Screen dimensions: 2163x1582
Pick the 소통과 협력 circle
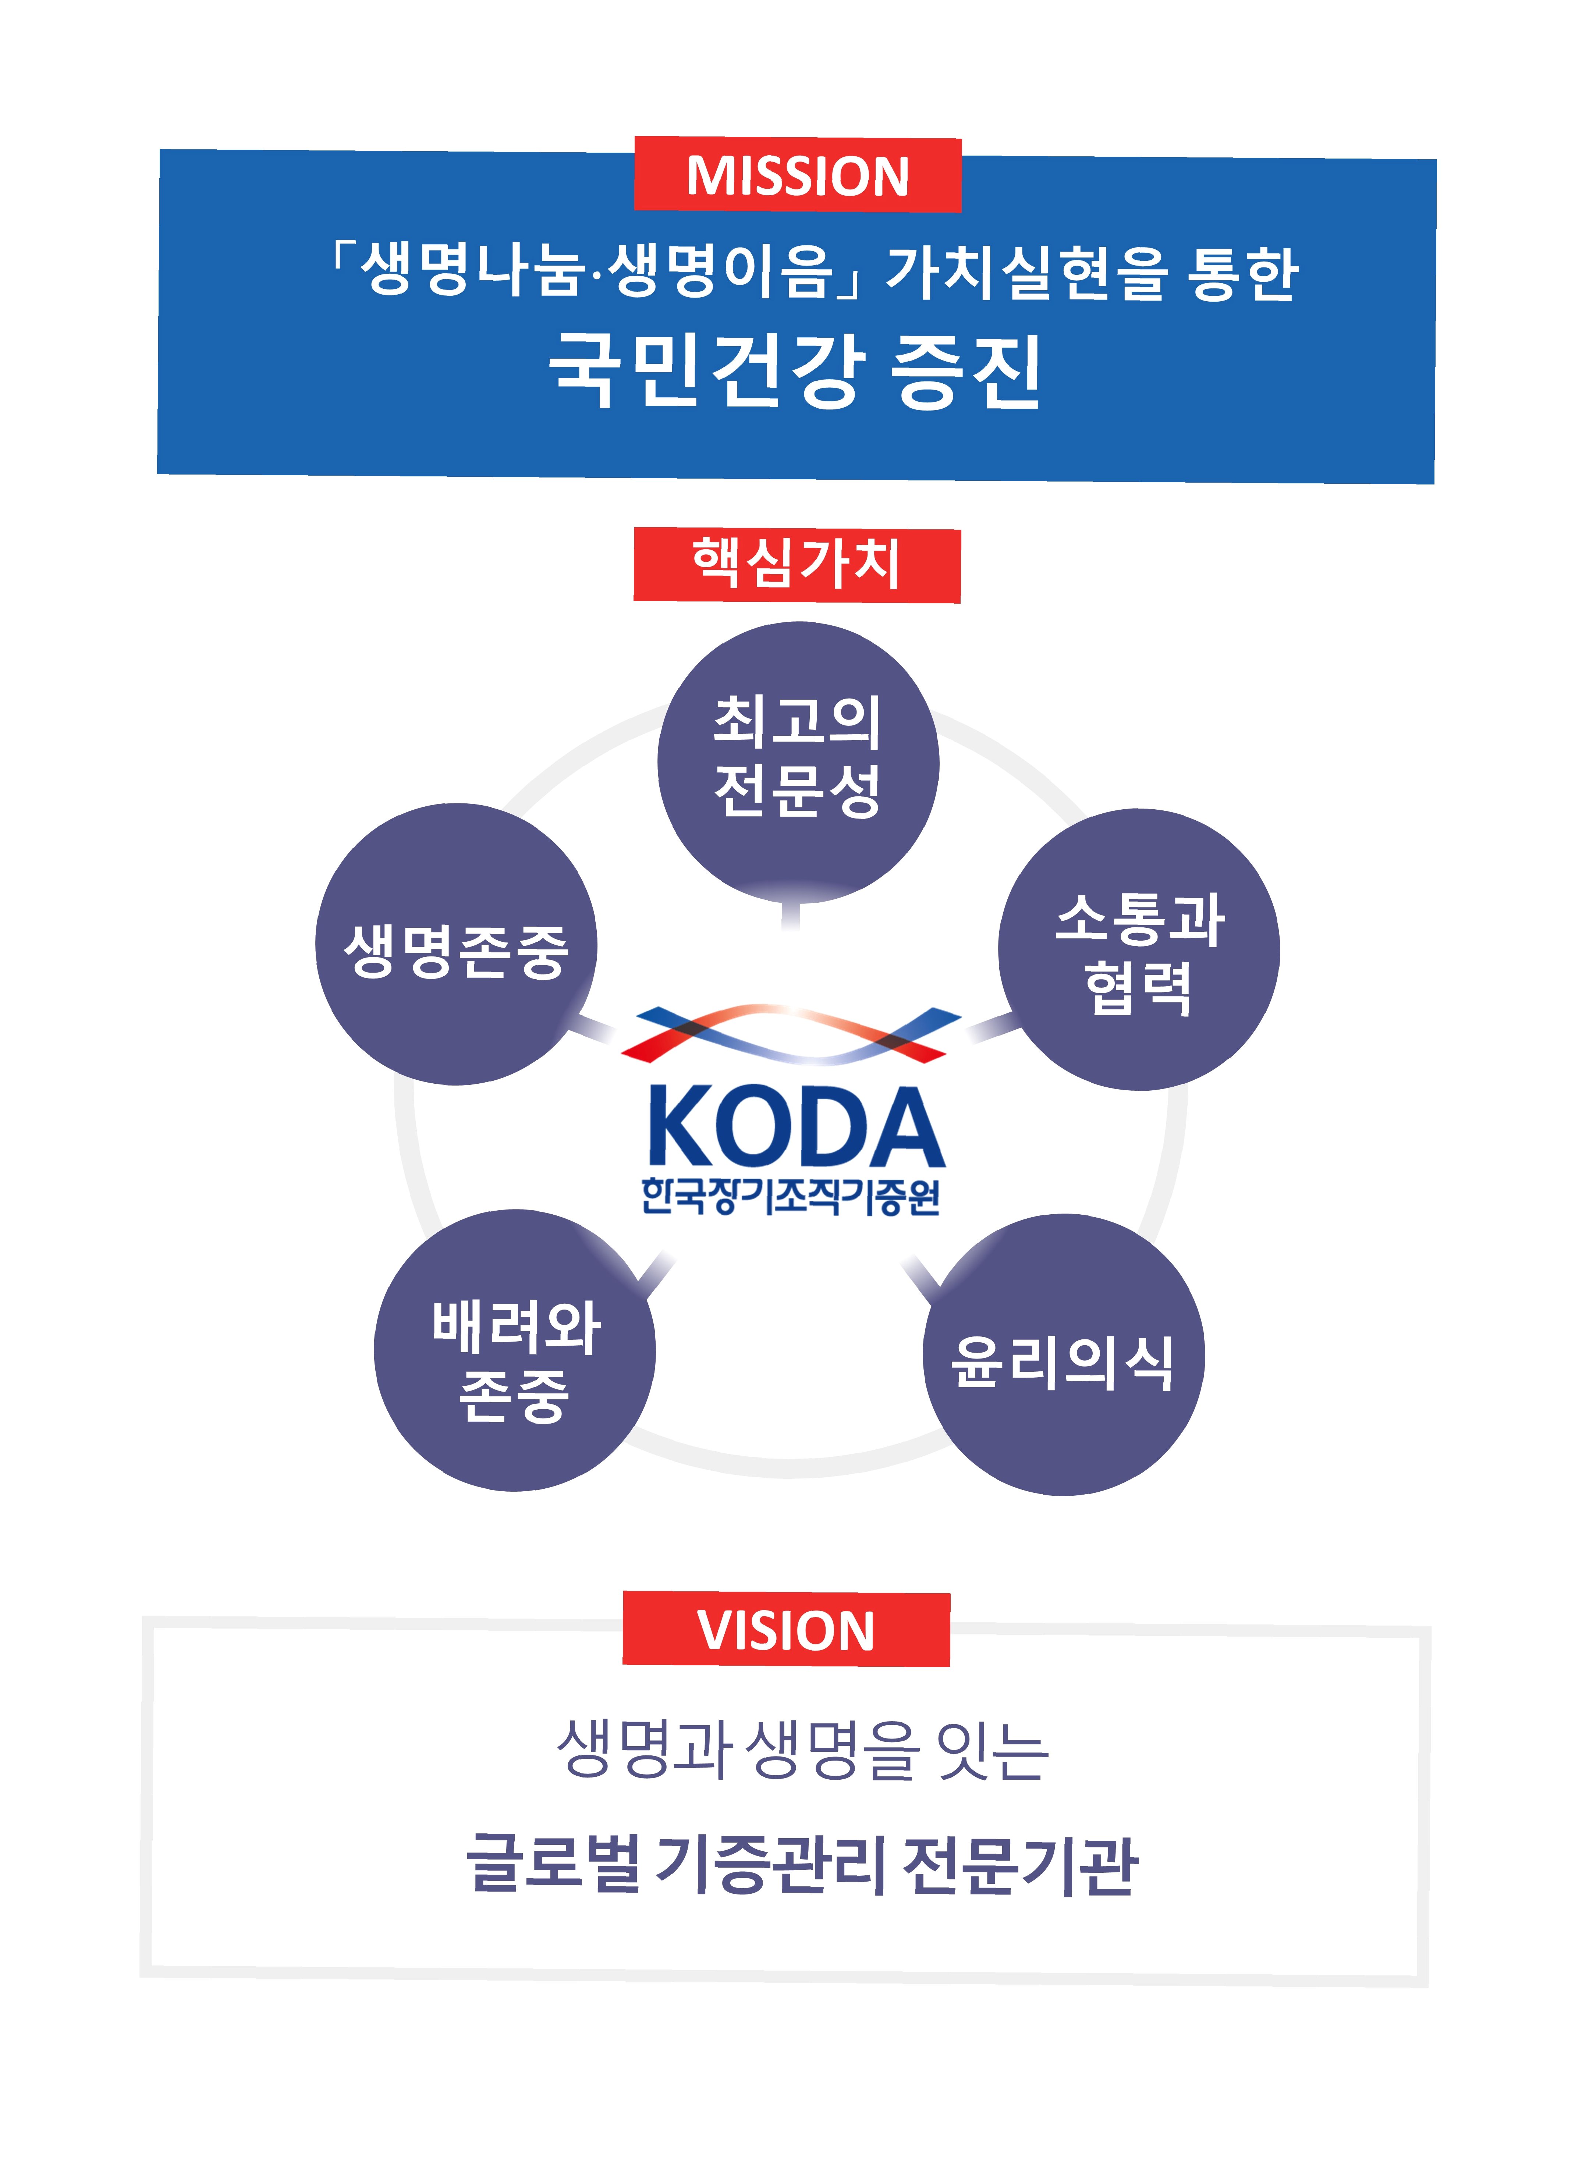click(x=1139, y=950)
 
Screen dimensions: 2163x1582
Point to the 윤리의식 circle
click(x=1063, y=1356)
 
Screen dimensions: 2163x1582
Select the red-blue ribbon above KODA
click(x=791, y=1034)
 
